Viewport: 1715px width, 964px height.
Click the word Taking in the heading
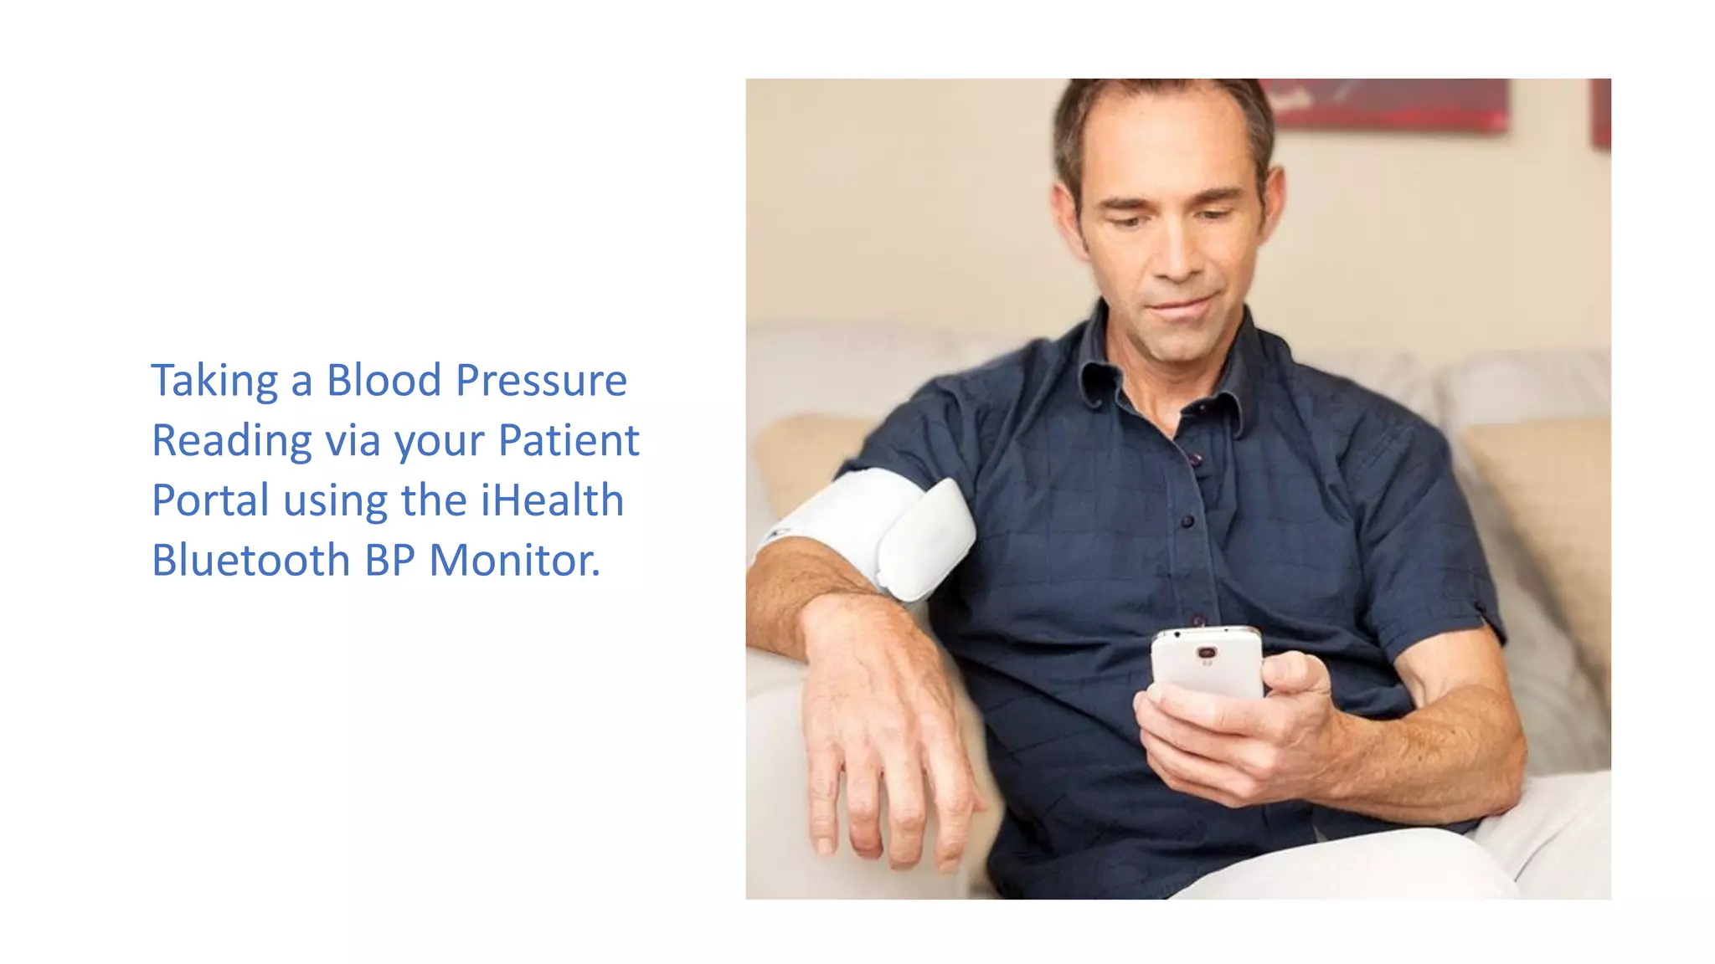pos(214,381)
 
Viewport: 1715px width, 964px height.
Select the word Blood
pos(384,381)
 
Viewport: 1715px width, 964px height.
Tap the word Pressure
pos(542,381)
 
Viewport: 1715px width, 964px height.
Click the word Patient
pos(569,440)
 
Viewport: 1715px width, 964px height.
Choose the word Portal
pos(209,500)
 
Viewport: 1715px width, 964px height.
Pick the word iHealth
pos(552,500)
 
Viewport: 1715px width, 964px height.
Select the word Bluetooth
pos(250,560)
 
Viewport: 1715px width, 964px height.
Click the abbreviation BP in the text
pos(389,560)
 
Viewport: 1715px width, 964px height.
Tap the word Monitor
pos(514,560)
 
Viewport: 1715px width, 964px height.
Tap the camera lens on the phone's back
pos(1207,653)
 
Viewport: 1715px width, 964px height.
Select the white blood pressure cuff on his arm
pos(879,532)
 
